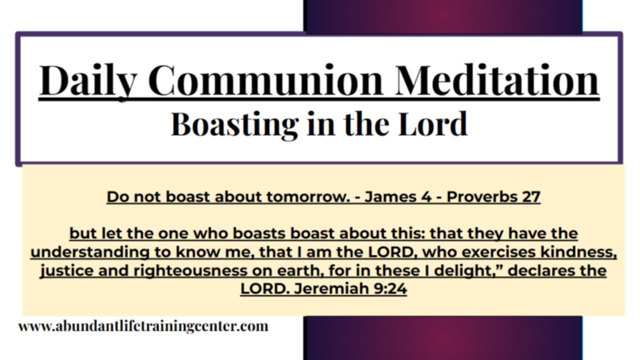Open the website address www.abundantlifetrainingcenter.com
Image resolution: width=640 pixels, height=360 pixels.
pyautogui.click(x=143, y=326)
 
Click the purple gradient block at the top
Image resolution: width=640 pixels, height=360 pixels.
pyautogui.click(x=442, y=16)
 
